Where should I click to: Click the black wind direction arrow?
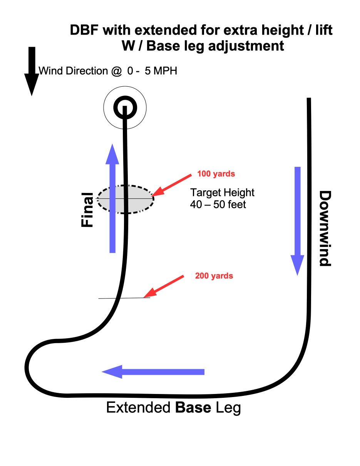point(32,71)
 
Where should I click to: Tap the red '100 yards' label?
point(216,174)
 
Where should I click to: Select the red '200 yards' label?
point(214,276)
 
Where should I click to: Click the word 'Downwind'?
point(325,228)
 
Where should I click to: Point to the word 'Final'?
point(88,210)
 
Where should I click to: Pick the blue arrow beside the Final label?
point(112,198)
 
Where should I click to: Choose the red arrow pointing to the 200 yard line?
point(166,285)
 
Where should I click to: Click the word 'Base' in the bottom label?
point(193,407)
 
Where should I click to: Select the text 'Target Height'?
point(223,193)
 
